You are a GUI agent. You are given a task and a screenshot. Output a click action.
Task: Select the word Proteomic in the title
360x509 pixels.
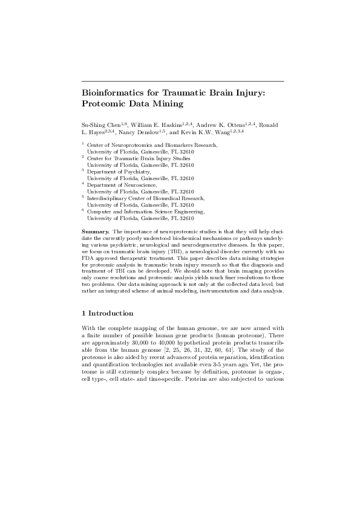106,104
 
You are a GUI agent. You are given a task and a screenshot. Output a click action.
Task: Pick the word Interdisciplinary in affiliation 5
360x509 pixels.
108,198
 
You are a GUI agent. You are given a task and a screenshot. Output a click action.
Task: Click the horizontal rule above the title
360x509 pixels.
183,80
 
